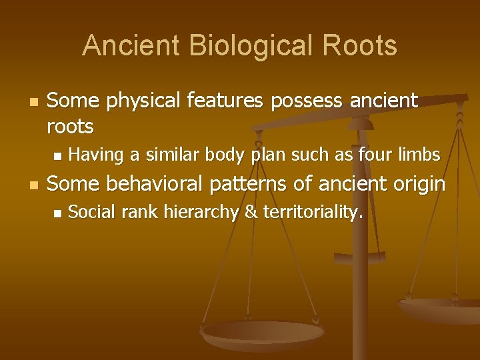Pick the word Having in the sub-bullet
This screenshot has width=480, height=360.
point(97,155)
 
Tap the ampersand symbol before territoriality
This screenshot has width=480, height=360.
point(252,213)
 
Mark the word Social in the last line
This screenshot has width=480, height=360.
point(92,213)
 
